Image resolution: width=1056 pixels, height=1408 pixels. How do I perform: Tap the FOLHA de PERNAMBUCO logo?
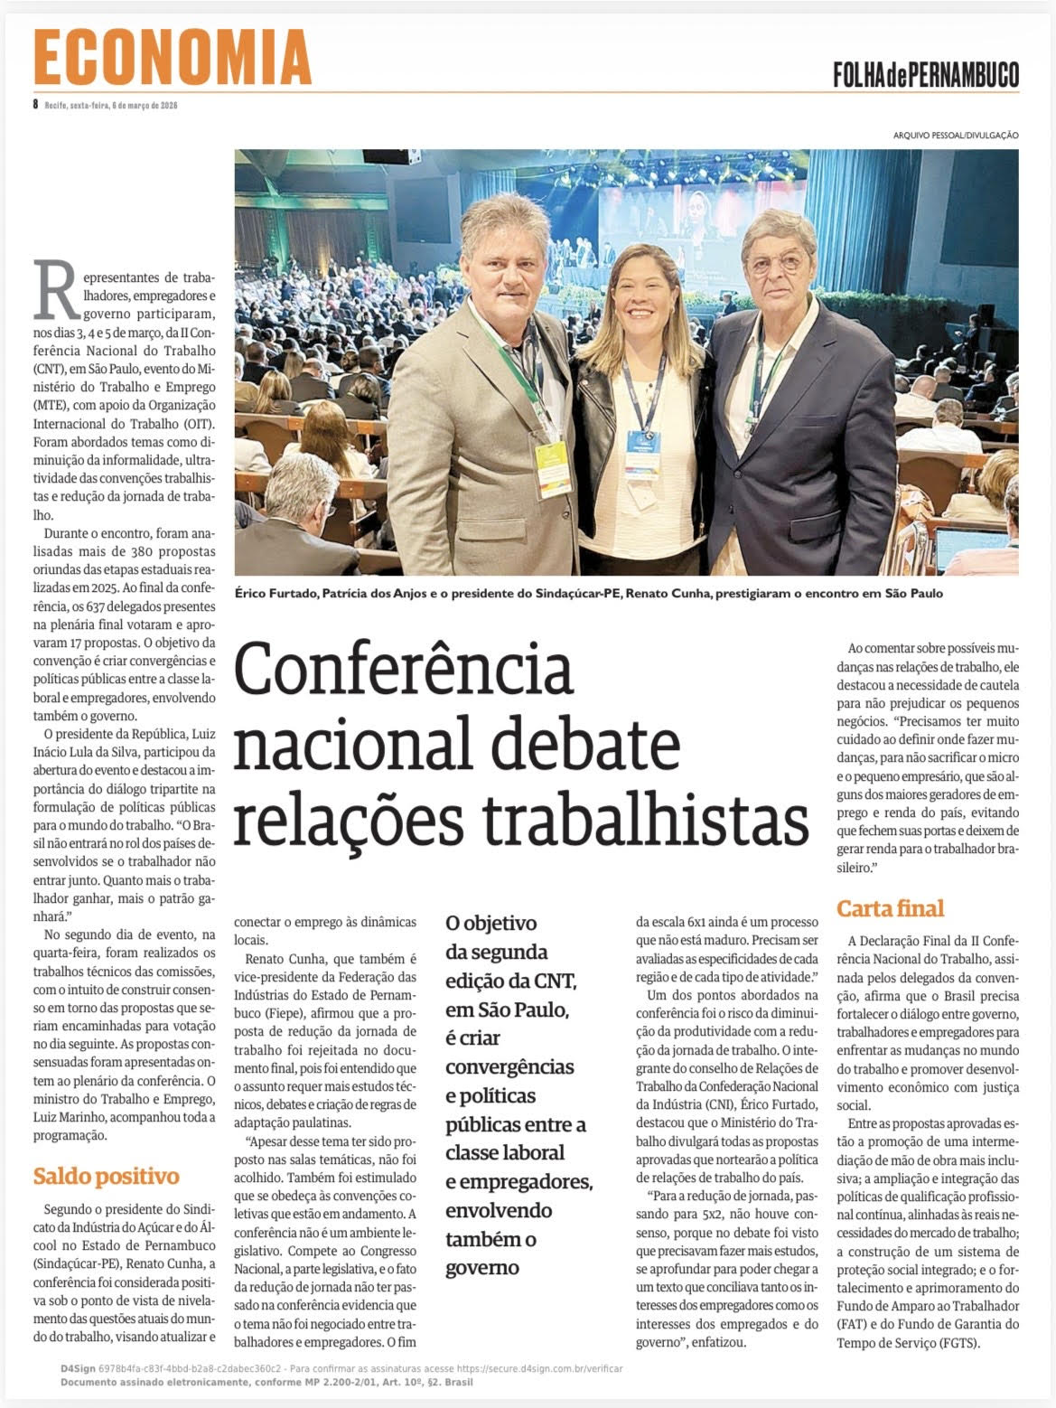point(926,74)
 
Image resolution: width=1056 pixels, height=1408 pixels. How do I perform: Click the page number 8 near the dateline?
point(35,104)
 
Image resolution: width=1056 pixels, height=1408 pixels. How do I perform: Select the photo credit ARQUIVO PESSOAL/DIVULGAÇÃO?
point(956,136)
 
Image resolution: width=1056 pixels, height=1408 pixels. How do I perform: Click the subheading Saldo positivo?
point(106,1176)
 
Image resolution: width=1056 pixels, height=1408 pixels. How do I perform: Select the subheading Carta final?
point(890,908)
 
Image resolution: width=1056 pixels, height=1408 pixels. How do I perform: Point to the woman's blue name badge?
point(643,444)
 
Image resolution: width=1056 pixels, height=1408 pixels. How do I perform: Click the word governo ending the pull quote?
point(481,1267)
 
